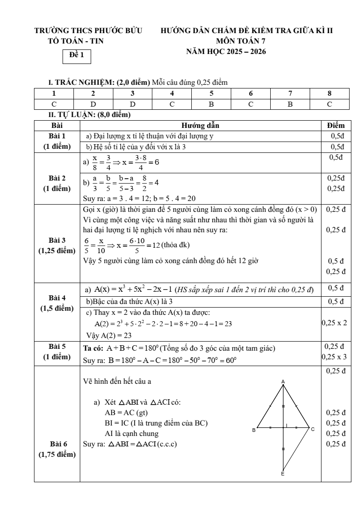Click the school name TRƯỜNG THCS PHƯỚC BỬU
point(89,31)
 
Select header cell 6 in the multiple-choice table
point(250,93)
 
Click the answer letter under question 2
point(93,104)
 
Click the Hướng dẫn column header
point(200,125)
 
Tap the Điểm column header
point(336,125)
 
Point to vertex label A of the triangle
point(283,382)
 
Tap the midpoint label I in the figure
point(287,425)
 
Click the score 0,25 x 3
point(335,357)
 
